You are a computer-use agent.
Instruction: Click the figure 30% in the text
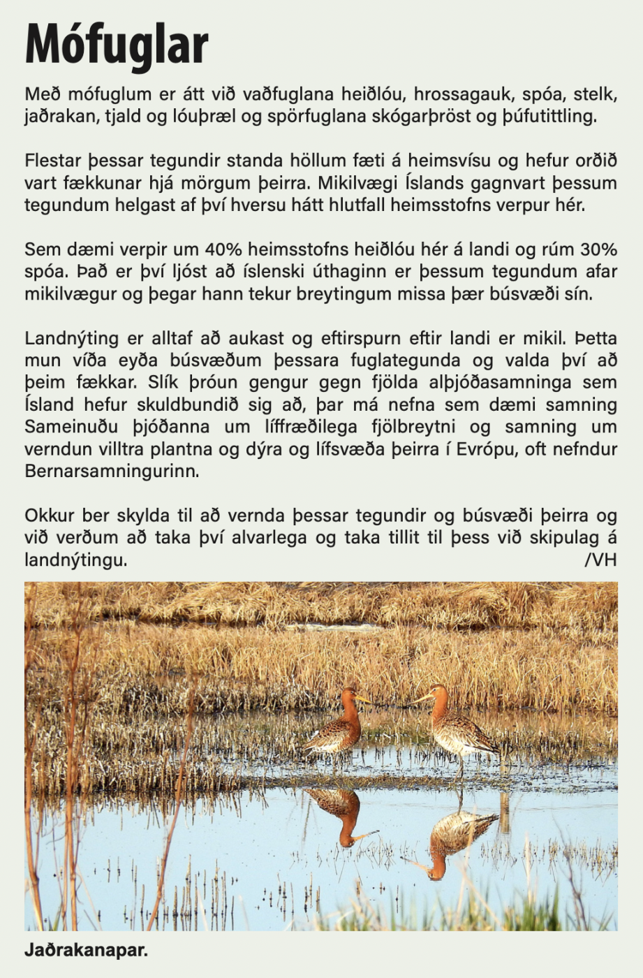click(599, 249)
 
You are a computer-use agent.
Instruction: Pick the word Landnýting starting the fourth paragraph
click(71, 339)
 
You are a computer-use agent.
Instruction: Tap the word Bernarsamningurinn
click(112, 471)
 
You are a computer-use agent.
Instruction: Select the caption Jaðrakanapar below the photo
click(86, 951)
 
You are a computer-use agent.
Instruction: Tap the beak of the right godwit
click(421, 698)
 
